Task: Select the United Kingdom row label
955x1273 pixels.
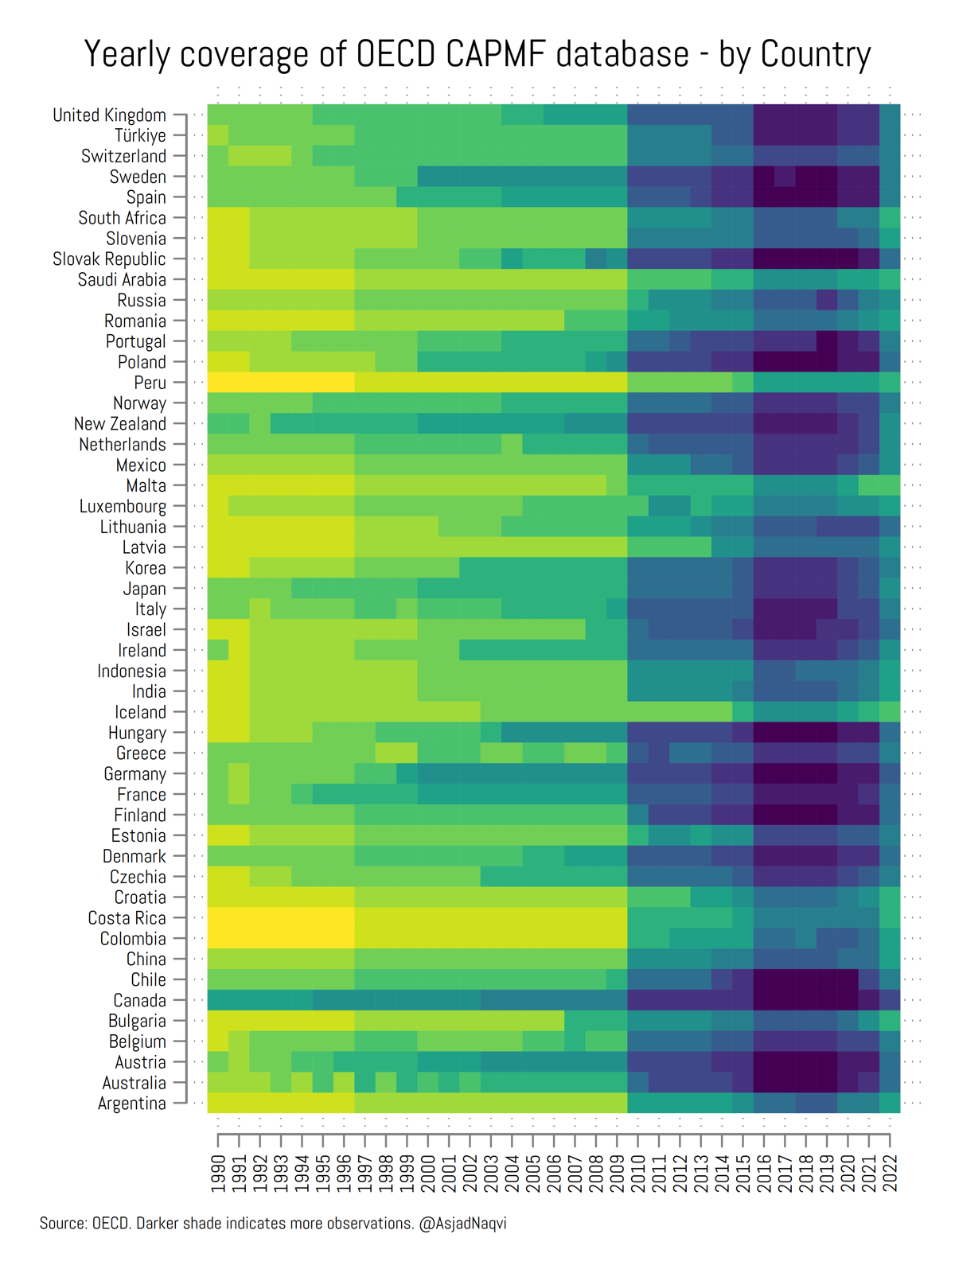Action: pyautogui.click(x=109, y=115)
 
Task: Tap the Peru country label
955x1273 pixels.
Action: pyautogui.click(x=150, y=383)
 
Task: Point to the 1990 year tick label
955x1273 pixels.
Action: pyautogui.click(x=218, y=1174)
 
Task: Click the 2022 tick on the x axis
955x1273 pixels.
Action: pyautogui.click(x=890, y=1174)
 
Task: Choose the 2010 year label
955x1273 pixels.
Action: pyautogui.click(x=637, y=1174)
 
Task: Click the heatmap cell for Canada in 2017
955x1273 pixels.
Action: pyautogui.click(x=785, y=1000)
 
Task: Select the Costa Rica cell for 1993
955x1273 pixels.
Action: pyautogui.click(x=281, y=917)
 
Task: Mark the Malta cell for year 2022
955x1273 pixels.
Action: pyautogui.click(x=890, y=485)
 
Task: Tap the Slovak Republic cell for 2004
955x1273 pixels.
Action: pyautogui.click(x=512, y=259)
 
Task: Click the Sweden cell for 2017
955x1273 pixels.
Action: pyautogui.click(x=785, y=177)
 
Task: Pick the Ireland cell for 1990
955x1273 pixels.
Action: pyautogui.click(x=218, y=650)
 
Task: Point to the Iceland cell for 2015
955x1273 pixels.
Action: pyautogui.click(x=743, y=712)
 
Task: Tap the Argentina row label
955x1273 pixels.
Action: pyautogui.click(x=131, y=1103)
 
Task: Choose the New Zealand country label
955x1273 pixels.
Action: pyautogui.click(x=119, y=424)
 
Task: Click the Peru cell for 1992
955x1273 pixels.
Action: pyautogui.click(x=260, y=383)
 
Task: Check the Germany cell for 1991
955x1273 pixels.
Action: pyautogui.click(x=239, y=773)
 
